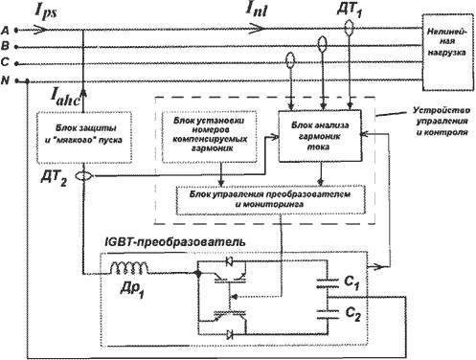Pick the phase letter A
8,31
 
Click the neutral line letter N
8,79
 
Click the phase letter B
8,46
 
